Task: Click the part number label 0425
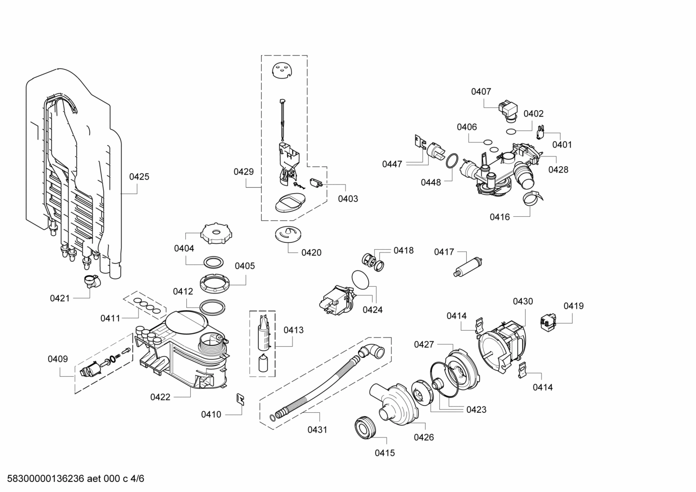pyautogui.click(x=139, y=177)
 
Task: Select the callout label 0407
pyautogui.click(x=481, y=91)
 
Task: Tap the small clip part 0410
pyautogui.click(x=240, y=399)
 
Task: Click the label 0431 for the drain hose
pyautogui.click(x=317, y=429)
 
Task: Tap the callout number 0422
pyautogui.click(x=160, y=397)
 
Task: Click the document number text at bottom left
pyautogui.click(x=72, y=479)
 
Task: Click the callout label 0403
pyautogui.click(x=348, y=198)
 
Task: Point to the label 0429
pyautogui.click(x=244, y=171)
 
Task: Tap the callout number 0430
pyautogui.click(x=523, y=301)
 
